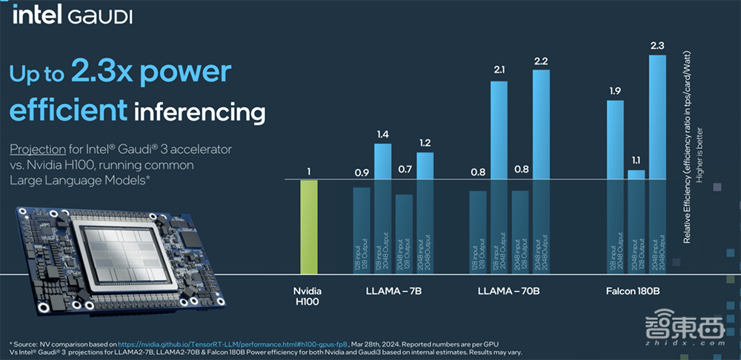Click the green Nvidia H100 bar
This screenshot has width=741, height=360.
pos(308,226)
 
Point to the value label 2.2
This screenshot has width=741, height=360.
pos(542,60)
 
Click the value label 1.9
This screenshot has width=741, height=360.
pos(615,91)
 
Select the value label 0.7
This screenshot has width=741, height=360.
pos(404,170)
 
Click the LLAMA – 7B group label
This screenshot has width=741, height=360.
pos(393,291)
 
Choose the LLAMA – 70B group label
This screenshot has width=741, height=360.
pos(509,291)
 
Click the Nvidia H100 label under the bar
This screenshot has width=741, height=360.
pos(308,297)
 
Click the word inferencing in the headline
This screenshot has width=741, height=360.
pos(200,113)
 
